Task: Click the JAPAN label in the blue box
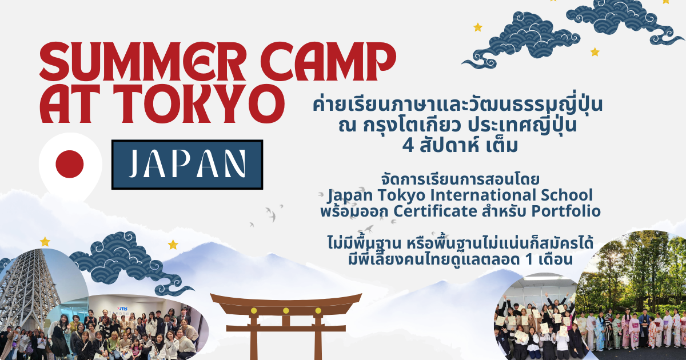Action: pyautogui.click(x=187, y=165)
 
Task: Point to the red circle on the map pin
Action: pyautogui.click(x=70, y=164)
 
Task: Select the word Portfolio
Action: pyautogui.click(x=565, y=211)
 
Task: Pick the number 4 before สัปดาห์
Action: pyautogui.click(x=408, y=145)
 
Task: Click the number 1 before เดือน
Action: pyautogui.click(x=531, y=259)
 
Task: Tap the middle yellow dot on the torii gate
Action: pyautogui.click(x=286, y=311)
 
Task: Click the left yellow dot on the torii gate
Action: pyautogui.click(x=254, y=311)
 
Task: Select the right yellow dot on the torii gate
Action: pyautogui.click(x=318, y=311)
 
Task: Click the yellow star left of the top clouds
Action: pyautogui.click(x=478, y=27)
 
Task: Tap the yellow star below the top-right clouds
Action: pyautogui.click(x=595, y=52)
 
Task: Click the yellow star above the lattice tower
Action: pyautogui.click(x=45, y=242)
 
